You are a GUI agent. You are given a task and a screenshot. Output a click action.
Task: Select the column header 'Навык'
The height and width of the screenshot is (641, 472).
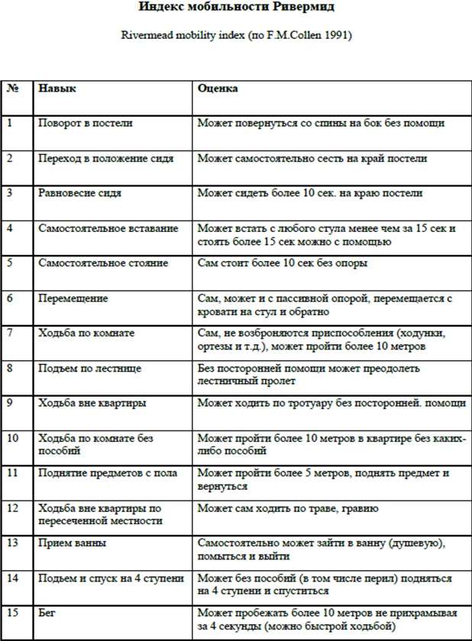tap(57, 89)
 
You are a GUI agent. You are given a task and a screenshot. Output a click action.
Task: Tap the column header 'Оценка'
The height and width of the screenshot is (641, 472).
tap(218, 89)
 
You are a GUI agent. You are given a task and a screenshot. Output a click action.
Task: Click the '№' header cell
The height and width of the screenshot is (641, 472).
tap(13, 89)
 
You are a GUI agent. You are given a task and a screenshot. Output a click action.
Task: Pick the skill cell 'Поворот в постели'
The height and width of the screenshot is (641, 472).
tap(86, 123)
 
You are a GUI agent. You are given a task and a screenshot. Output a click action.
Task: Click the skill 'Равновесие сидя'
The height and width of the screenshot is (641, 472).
tap(79, 193)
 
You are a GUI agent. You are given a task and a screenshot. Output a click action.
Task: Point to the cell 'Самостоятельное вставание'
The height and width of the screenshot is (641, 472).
tap(108, 228)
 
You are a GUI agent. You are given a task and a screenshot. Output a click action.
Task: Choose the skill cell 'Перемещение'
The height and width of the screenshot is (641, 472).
tap(73, 298)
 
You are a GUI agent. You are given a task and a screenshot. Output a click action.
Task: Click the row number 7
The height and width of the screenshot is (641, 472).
tap(10, 333)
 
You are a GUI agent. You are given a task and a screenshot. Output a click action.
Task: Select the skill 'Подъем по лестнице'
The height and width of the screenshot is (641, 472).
tap(89, 368)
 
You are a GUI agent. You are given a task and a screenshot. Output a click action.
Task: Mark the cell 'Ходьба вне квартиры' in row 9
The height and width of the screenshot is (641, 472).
tap(92, 402)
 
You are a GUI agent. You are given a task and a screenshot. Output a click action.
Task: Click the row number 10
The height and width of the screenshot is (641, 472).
tap(13, 438)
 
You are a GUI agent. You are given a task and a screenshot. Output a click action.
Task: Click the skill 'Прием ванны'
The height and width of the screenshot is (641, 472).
tap(72, 543)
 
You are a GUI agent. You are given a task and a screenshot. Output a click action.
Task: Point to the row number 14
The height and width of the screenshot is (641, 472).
tap(13, 578)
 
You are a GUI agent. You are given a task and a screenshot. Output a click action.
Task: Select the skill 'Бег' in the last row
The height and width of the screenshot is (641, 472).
tap(47, 612)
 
